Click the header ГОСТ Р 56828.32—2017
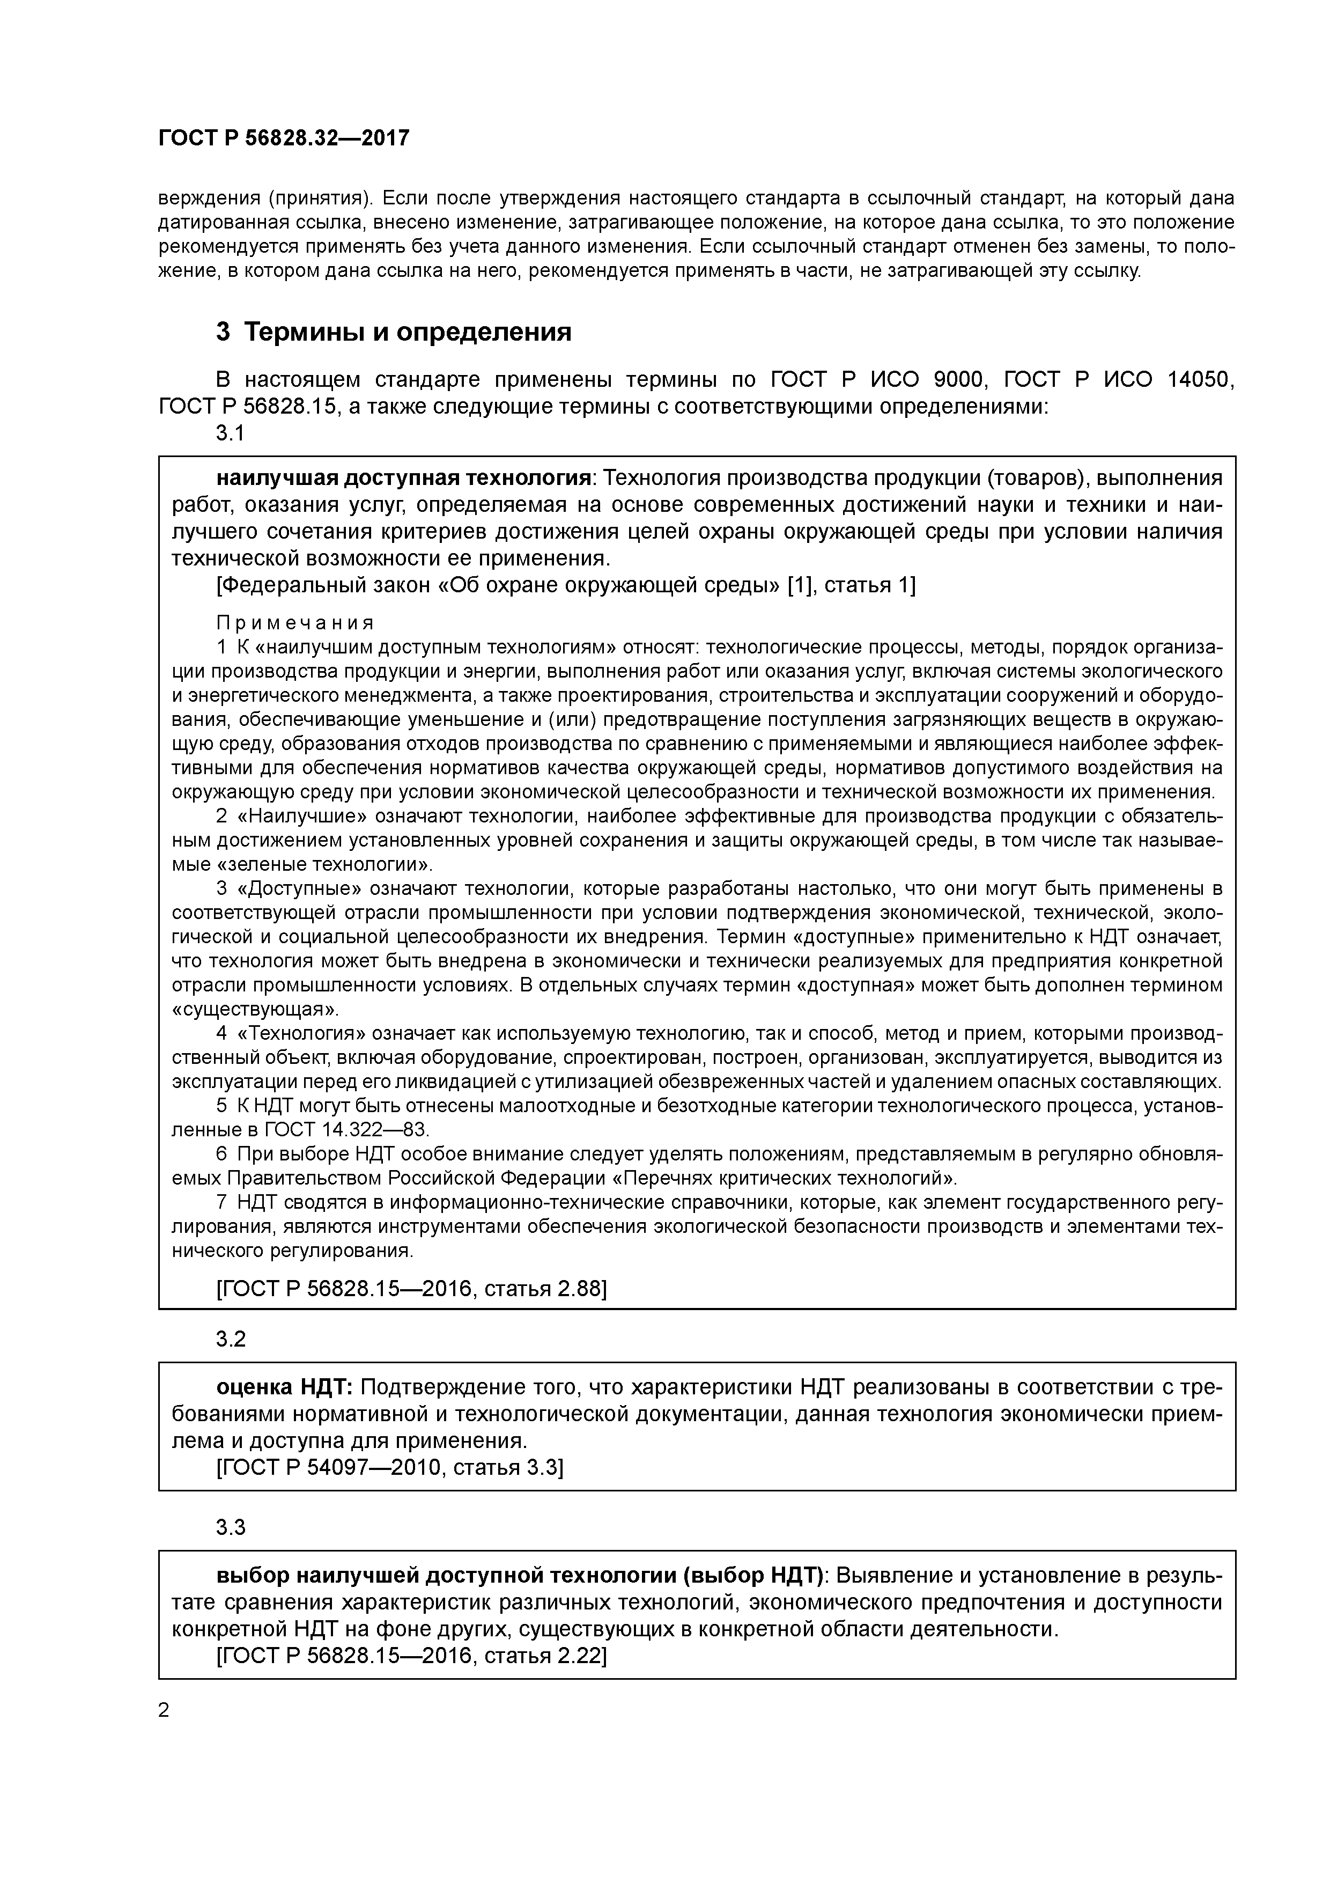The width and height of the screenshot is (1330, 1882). pyautogui.click(x=284, y=138)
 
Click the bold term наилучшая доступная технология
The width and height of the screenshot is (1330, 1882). pyautogui.click(x=404, y=478)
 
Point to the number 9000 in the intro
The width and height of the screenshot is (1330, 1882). pyautogui.click(x=960, y=379)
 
